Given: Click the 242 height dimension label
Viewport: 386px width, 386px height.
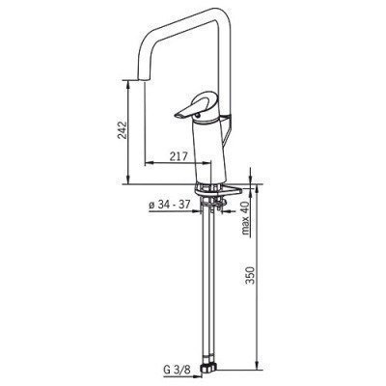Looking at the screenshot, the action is [123, 130].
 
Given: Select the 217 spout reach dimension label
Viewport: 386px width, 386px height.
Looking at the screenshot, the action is [179, 157].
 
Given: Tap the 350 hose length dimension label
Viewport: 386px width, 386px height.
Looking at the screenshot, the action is [250, 275].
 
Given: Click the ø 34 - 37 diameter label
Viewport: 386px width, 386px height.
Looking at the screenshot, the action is [170, 205].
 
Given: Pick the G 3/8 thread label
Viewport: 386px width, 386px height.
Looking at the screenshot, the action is [177, 370].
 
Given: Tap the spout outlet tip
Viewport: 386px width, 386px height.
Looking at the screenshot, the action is [145, 80].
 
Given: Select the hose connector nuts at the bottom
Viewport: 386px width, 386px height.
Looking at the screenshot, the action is [209, 367].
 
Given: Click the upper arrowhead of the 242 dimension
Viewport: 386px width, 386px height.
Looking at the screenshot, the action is [128, 84].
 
